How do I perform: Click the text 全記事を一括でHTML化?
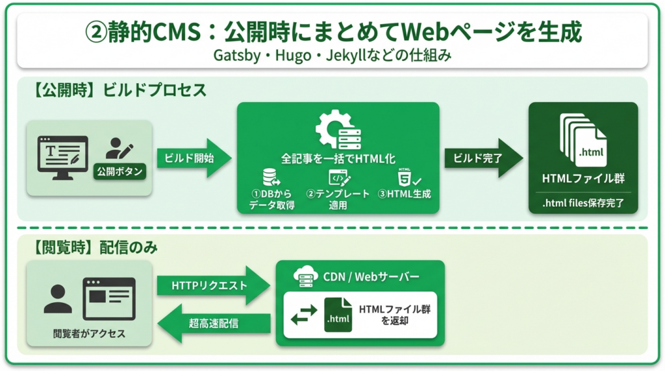tap(338, 158)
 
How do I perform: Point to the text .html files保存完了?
tap(583, 203)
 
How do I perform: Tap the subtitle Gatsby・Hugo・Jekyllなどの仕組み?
tap(332, 55)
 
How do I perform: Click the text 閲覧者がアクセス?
tap(89, 335)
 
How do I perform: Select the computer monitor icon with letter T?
tap(63, 153)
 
